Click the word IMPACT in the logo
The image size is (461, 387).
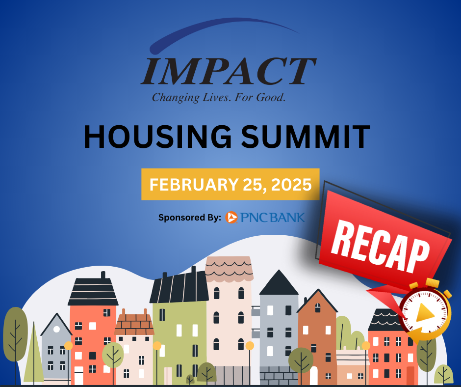229,71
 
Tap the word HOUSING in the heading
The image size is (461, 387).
157,137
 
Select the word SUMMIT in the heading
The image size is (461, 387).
306,137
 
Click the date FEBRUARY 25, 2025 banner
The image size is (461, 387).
230,184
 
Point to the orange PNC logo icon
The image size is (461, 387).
231,218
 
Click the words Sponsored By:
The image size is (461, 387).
190,218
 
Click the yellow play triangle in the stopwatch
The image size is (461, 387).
425,313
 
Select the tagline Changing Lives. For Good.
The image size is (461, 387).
219,97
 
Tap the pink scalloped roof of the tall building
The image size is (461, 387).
229,269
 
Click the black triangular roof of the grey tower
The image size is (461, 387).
279,283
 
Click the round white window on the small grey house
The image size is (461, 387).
56,329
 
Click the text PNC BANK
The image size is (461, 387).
273,218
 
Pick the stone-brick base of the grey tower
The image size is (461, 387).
279,376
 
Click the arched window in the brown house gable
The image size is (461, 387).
318,308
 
